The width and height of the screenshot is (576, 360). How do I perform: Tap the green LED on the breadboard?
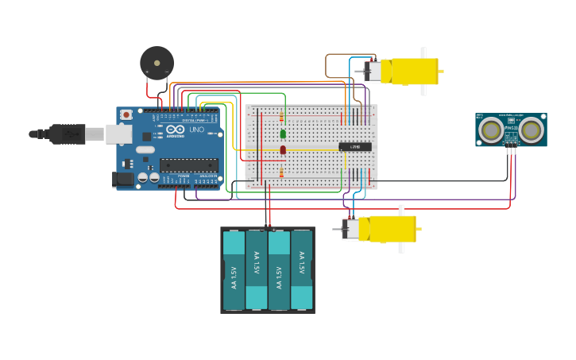(282, 134)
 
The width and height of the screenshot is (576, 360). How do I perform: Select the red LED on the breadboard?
(282, 149)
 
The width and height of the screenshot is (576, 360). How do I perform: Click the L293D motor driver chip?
(354, 147)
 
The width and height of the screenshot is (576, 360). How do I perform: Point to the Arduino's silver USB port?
(118, 134)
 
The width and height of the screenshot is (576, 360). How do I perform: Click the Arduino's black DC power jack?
(122, 180)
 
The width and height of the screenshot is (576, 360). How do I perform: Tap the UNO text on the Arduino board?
(195, 130)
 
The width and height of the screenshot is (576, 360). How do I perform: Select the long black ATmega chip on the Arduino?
(188, 165)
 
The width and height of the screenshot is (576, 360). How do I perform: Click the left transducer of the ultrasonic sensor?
(490, 128)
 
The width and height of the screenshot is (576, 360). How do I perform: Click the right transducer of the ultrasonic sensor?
(532, 128)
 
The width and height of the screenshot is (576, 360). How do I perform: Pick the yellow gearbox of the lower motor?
(387, 229)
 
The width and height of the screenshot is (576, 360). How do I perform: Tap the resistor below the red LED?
(281, 172)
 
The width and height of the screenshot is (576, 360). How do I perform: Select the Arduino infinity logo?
(176, 130)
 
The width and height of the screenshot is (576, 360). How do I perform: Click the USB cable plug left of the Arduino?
(68, 134)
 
